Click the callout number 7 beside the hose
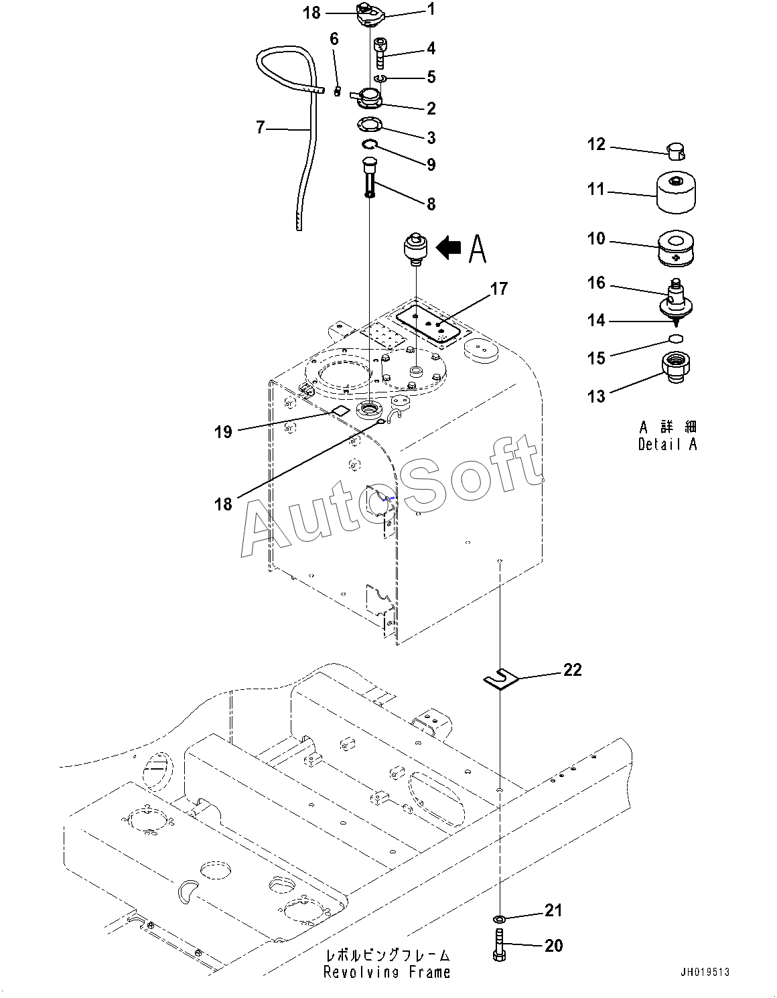point(261,127)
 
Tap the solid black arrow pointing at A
point(448,248)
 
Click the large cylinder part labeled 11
point(675,192)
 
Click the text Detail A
point(668,444)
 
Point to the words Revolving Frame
point(386,972)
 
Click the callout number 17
point(499,289)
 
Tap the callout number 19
point(224,432)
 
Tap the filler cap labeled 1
point(371,17)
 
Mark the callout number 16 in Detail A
point(597,283)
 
